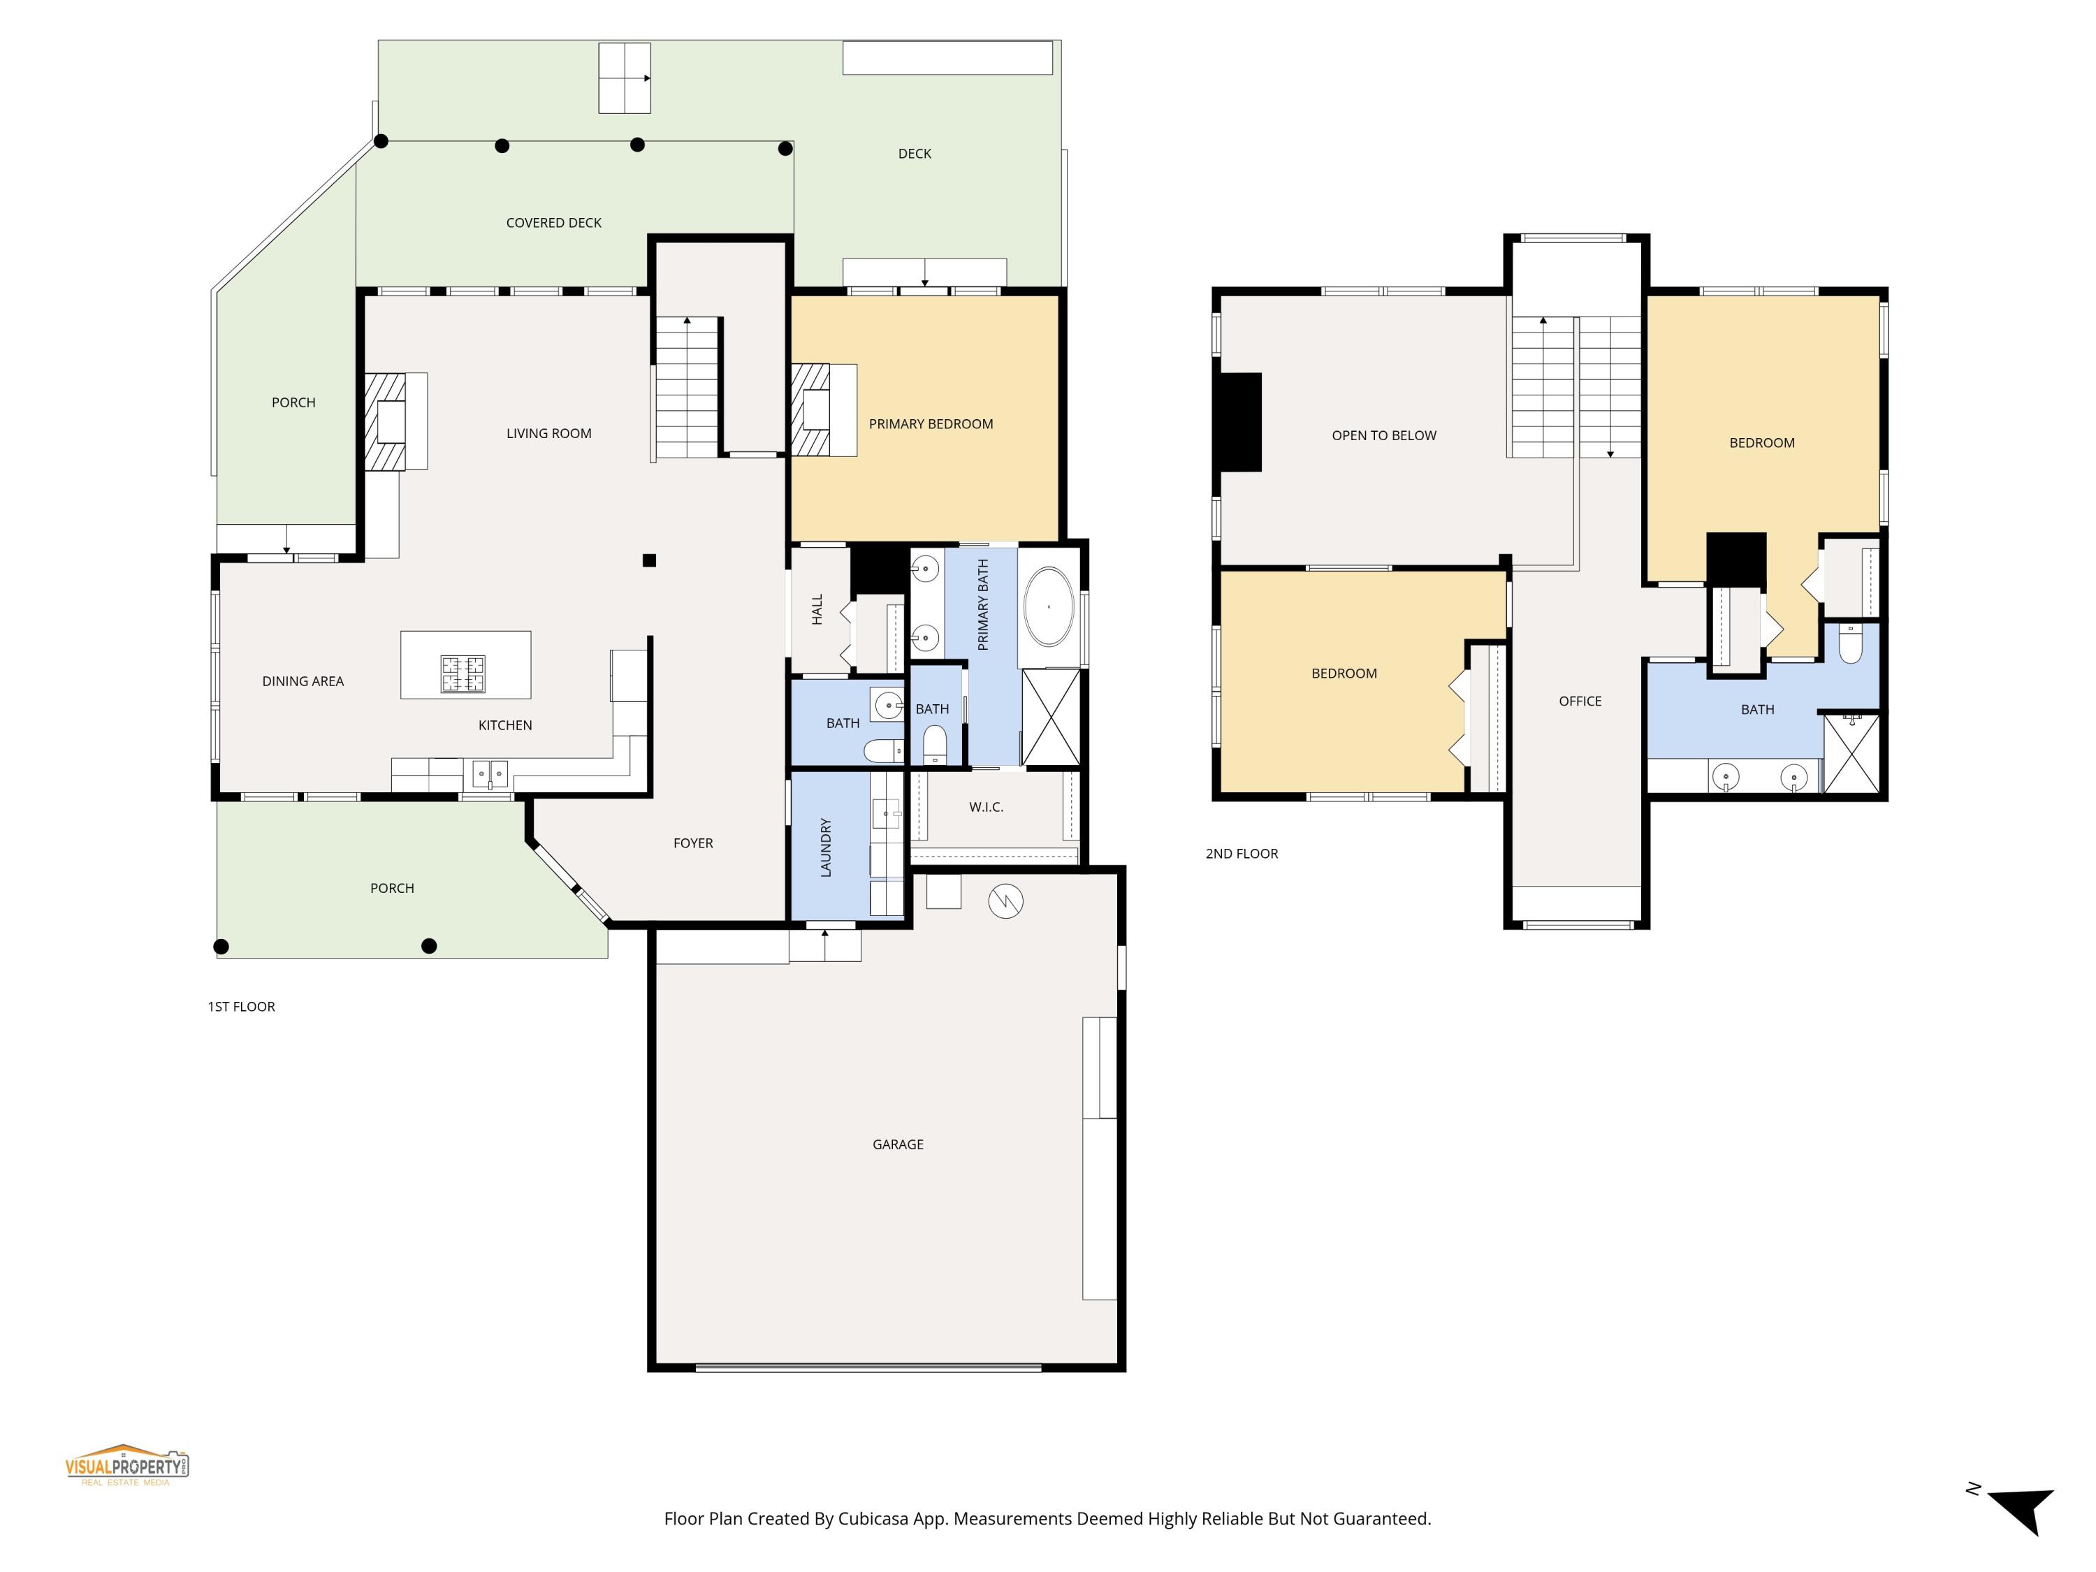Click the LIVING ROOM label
tap(548, 433)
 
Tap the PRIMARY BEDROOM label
tap(931, 423)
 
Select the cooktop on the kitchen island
tap(463, 674)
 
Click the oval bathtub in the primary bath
tap(1048, 606)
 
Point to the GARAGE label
tap(897, 1144)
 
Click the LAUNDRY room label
tap(825, 847)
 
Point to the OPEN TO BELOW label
tap(1383, 435)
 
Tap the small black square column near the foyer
tap(649, 560)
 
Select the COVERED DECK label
tap(553, 223)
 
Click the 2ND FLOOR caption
tap(1242, 854)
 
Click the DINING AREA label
tap(303, 681)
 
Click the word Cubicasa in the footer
tap(873, 1519)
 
